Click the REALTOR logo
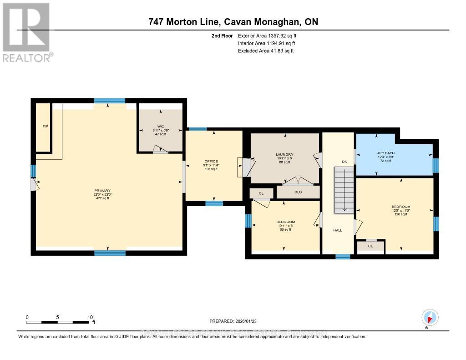click(x=26, y=32)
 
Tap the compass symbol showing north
click(x=430, y=317)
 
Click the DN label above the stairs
click(x=344, y=161)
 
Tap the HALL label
click(x=337, y=230)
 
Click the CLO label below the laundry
click(x=298, y=192)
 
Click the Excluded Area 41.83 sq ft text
click(x=266, y=51)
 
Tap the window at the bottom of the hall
click(x=343, y=257)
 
